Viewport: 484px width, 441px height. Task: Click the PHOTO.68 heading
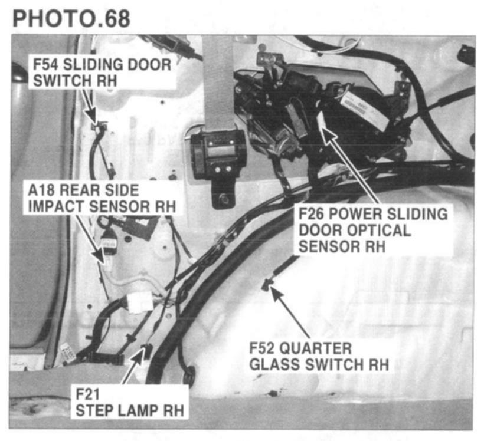(x=71, y=17)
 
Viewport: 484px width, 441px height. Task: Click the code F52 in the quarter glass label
(x=264, y=348)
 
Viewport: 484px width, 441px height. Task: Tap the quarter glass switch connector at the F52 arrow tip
(x=266, y=285)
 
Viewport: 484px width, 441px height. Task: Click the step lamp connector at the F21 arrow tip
(x=146, y=352)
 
